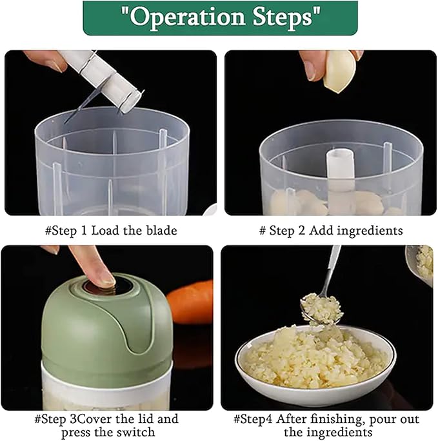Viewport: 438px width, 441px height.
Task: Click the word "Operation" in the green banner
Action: (187, 17)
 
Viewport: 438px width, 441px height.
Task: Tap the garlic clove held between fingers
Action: (339, 71)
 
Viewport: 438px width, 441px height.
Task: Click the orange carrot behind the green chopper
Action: (190, 302)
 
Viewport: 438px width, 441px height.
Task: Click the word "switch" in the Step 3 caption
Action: (136, 432)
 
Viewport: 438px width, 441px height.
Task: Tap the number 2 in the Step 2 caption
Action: (301, 231)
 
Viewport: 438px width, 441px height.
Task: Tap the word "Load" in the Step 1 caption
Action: (106, 231)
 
